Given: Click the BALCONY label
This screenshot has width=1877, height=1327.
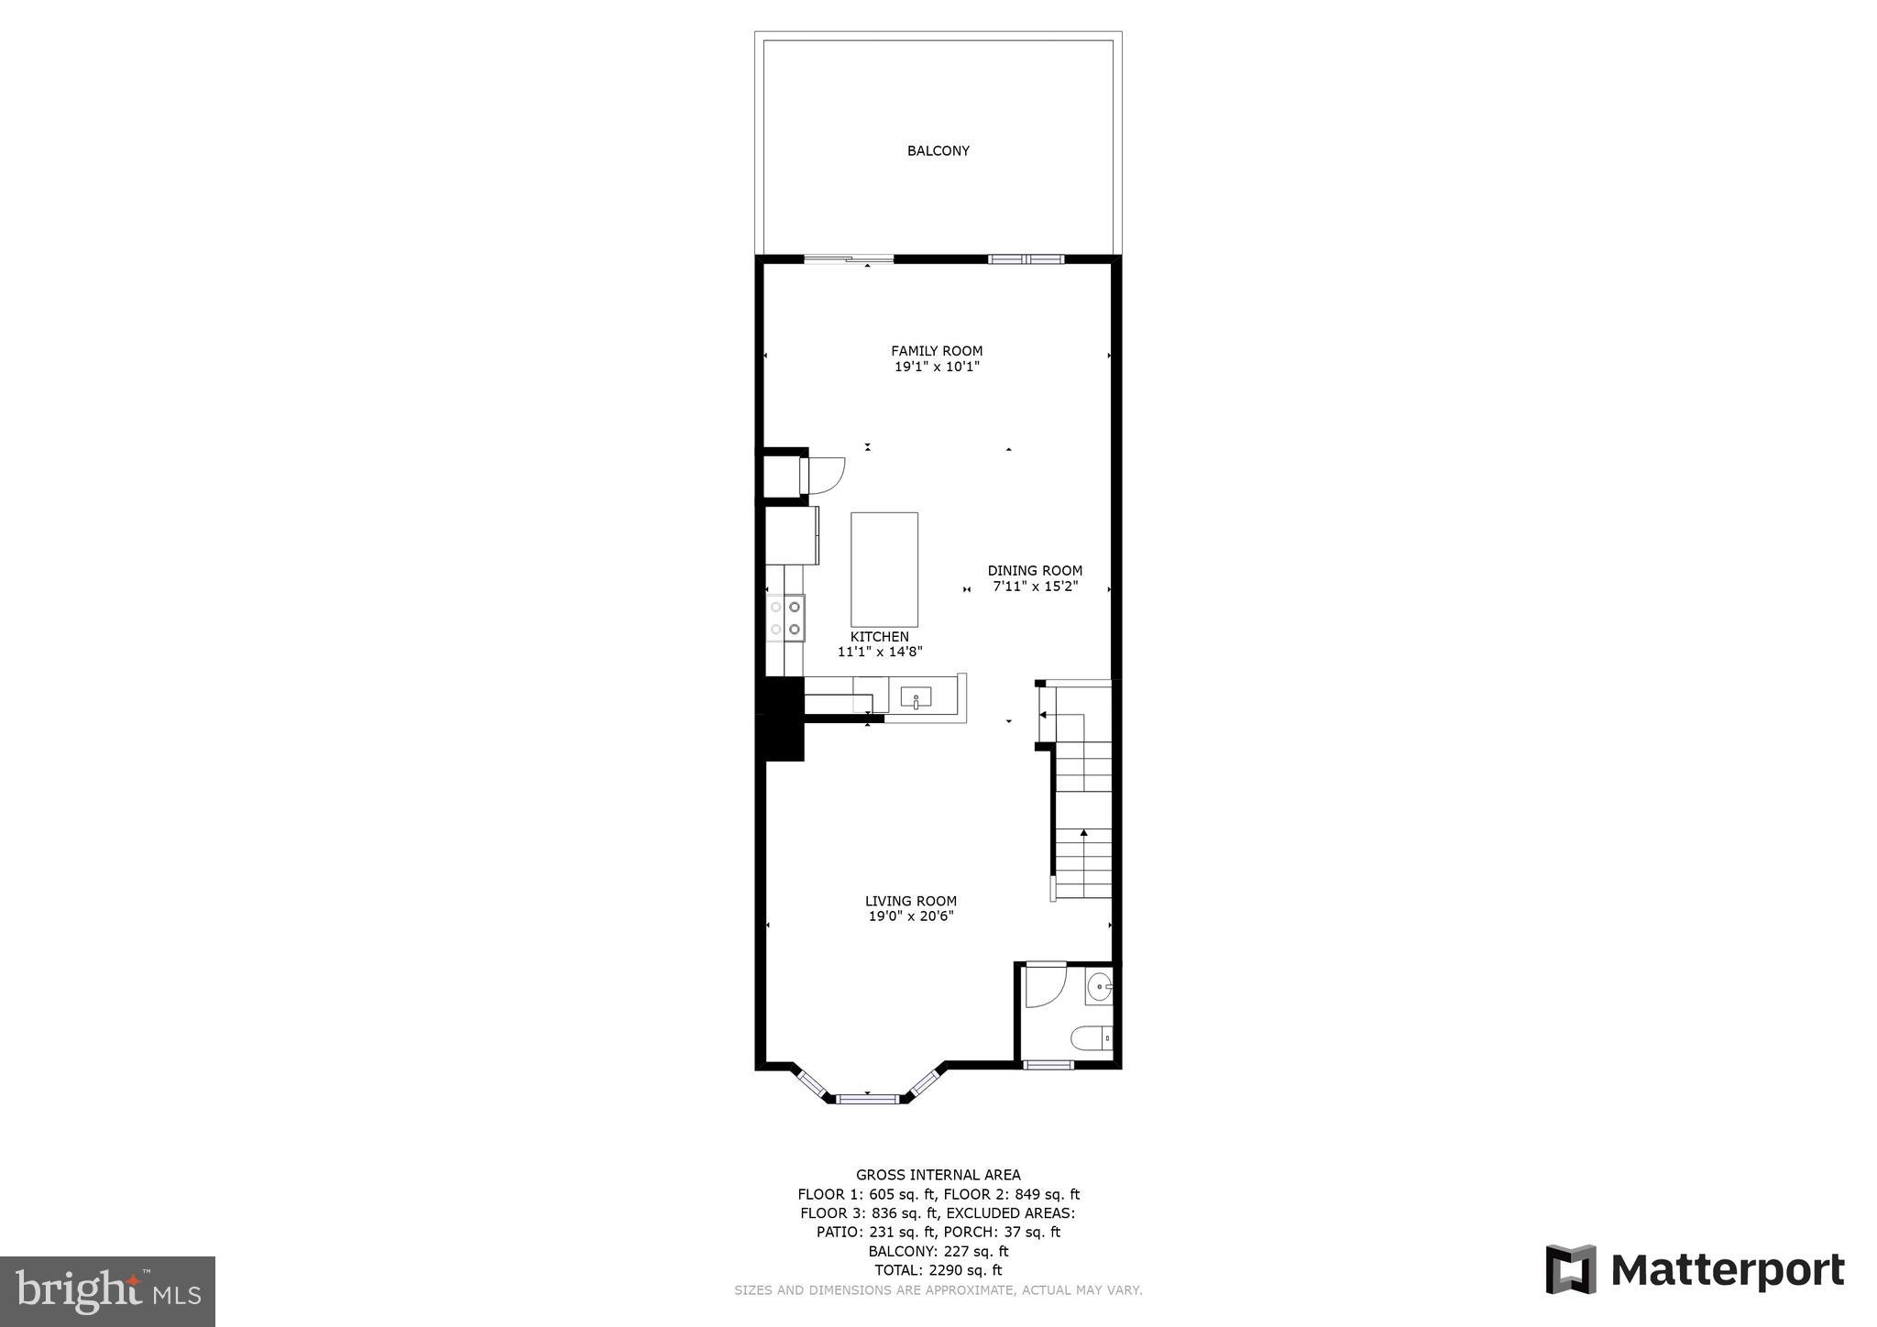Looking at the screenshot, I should pyautogui.click(x=938, y=151).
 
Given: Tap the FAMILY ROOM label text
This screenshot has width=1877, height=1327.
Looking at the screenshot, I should pyautogui.click(x=937, y=351).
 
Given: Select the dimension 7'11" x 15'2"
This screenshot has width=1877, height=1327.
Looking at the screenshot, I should pyautogui.click(x=1035, y=587).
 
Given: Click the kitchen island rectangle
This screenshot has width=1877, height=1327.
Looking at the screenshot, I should pyautogui.click(x=884, y=569).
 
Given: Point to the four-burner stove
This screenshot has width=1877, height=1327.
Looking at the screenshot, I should pyautogui.click(x=786, y=618).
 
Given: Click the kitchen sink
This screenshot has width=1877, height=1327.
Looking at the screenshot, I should pyautogui.click(x=916, y=699).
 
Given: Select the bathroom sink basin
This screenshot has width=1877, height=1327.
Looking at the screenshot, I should pyautogui.click(x=1098, y=989).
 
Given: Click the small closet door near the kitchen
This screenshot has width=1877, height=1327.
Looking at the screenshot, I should pyautogui.click(x=823, y=475).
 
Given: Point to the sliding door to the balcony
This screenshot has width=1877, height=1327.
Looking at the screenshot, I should pyautogui.click(x=848, y=259).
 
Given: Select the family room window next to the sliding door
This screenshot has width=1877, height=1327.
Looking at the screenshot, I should pyautogui.click(x=1026, y=259).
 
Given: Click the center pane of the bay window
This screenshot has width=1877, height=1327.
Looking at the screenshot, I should pyautogui.click(x=867, y=1097).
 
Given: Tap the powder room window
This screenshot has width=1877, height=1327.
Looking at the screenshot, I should pyautogui.click(x=1048, y=1064).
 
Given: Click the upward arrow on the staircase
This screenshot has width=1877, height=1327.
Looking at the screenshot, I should pyautogui.click(x=1083, y=834).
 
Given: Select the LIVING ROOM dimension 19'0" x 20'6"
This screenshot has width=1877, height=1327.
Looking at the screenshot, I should pyautogui.click(x=911, y=916).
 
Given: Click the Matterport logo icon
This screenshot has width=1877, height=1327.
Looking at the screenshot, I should pyautogui.click(x=1571, y=1269).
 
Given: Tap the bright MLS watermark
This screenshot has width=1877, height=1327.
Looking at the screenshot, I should pyautogui.click(x=107, y=1291).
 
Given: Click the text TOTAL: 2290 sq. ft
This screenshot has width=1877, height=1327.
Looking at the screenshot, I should pyautogui.click(x=938, y=1270).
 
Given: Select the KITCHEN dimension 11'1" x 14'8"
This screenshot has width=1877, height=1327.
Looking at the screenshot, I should pyautogui.click(x=879, y=653).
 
